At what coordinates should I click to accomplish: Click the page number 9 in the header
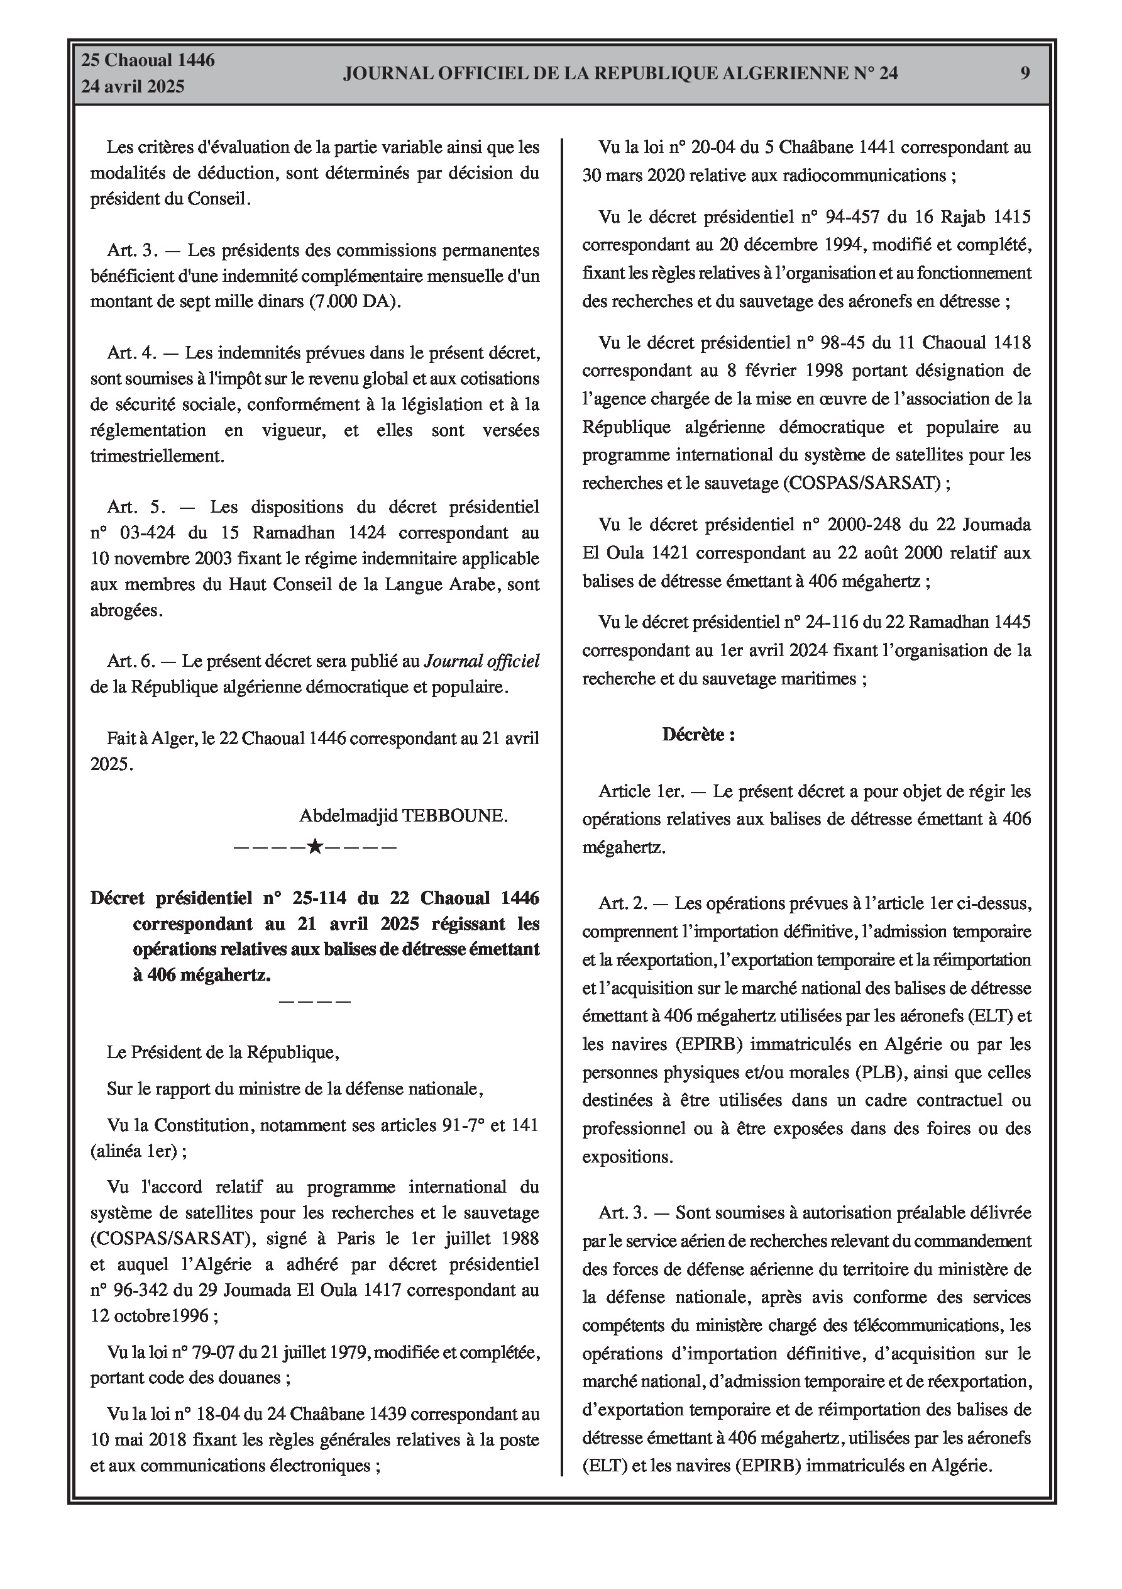pyautogui.click(x=1025, y=74)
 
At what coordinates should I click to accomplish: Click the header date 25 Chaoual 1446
pyautogui.click(x=148, y=60)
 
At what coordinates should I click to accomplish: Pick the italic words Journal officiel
pyautogui.click(x=481, y=661)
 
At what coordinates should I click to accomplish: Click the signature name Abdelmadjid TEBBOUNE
pyautogui.click(x=404, y=815)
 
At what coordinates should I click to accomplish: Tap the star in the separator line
pyautogui.click(x=315, y=845)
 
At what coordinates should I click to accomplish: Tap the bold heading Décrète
pyautogui.click(x=698, y=734)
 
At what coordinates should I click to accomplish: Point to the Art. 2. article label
pyautogui.click(x=624, y=903)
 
